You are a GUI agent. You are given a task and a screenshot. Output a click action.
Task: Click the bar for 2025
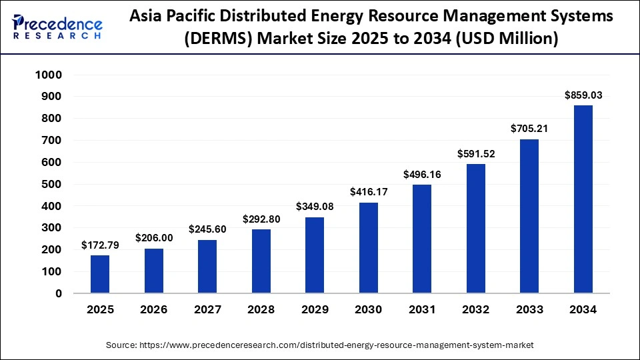(100, 274)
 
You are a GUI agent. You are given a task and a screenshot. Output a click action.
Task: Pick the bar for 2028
(261, 261)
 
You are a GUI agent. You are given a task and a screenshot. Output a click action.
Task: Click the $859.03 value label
(583, 95)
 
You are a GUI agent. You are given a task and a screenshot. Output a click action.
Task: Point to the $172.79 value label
(100, 245)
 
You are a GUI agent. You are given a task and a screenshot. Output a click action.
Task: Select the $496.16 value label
(422, 175)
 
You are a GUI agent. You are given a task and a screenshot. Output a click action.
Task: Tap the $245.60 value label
(207, 229)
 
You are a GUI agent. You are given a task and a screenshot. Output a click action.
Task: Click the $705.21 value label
(529, 129)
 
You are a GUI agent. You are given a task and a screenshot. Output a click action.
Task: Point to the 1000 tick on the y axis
(47, 75)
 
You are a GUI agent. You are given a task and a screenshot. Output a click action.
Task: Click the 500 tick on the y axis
(53, 184)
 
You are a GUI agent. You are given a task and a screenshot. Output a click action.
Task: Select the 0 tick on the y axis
(58, 293)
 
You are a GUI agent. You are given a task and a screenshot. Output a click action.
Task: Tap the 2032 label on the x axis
(475, 310)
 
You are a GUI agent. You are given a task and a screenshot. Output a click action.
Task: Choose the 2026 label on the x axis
(154, 310)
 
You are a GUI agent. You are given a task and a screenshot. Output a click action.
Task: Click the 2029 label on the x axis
(315, 310)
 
